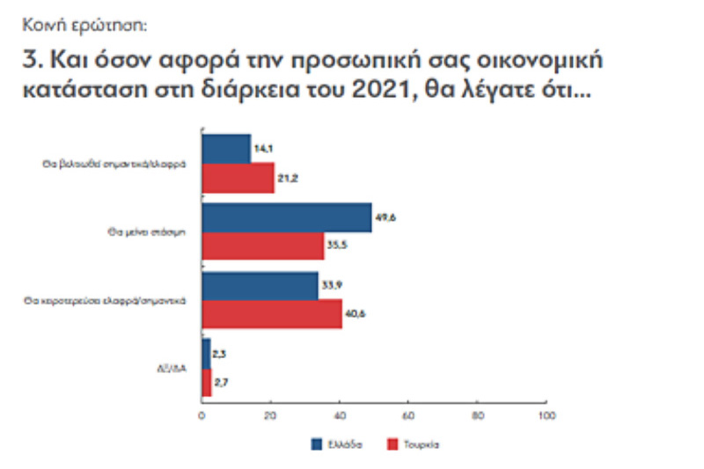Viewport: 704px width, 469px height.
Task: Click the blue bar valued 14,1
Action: click(x=226, y=148)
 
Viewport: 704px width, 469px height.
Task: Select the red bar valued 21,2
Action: click(x=238, y=177)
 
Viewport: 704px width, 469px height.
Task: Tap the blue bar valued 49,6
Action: click(x=287, y=216)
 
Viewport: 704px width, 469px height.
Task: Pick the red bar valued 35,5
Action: click(x=263, y=245)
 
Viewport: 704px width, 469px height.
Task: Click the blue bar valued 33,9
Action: click(x=260, y=285)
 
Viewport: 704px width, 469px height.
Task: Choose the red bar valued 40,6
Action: click(x=272, y=314)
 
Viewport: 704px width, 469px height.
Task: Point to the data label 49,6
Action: click(x=385, y=216)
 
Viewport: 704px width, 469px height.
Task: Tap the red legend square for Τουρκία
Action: click(x=394, y=443)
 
